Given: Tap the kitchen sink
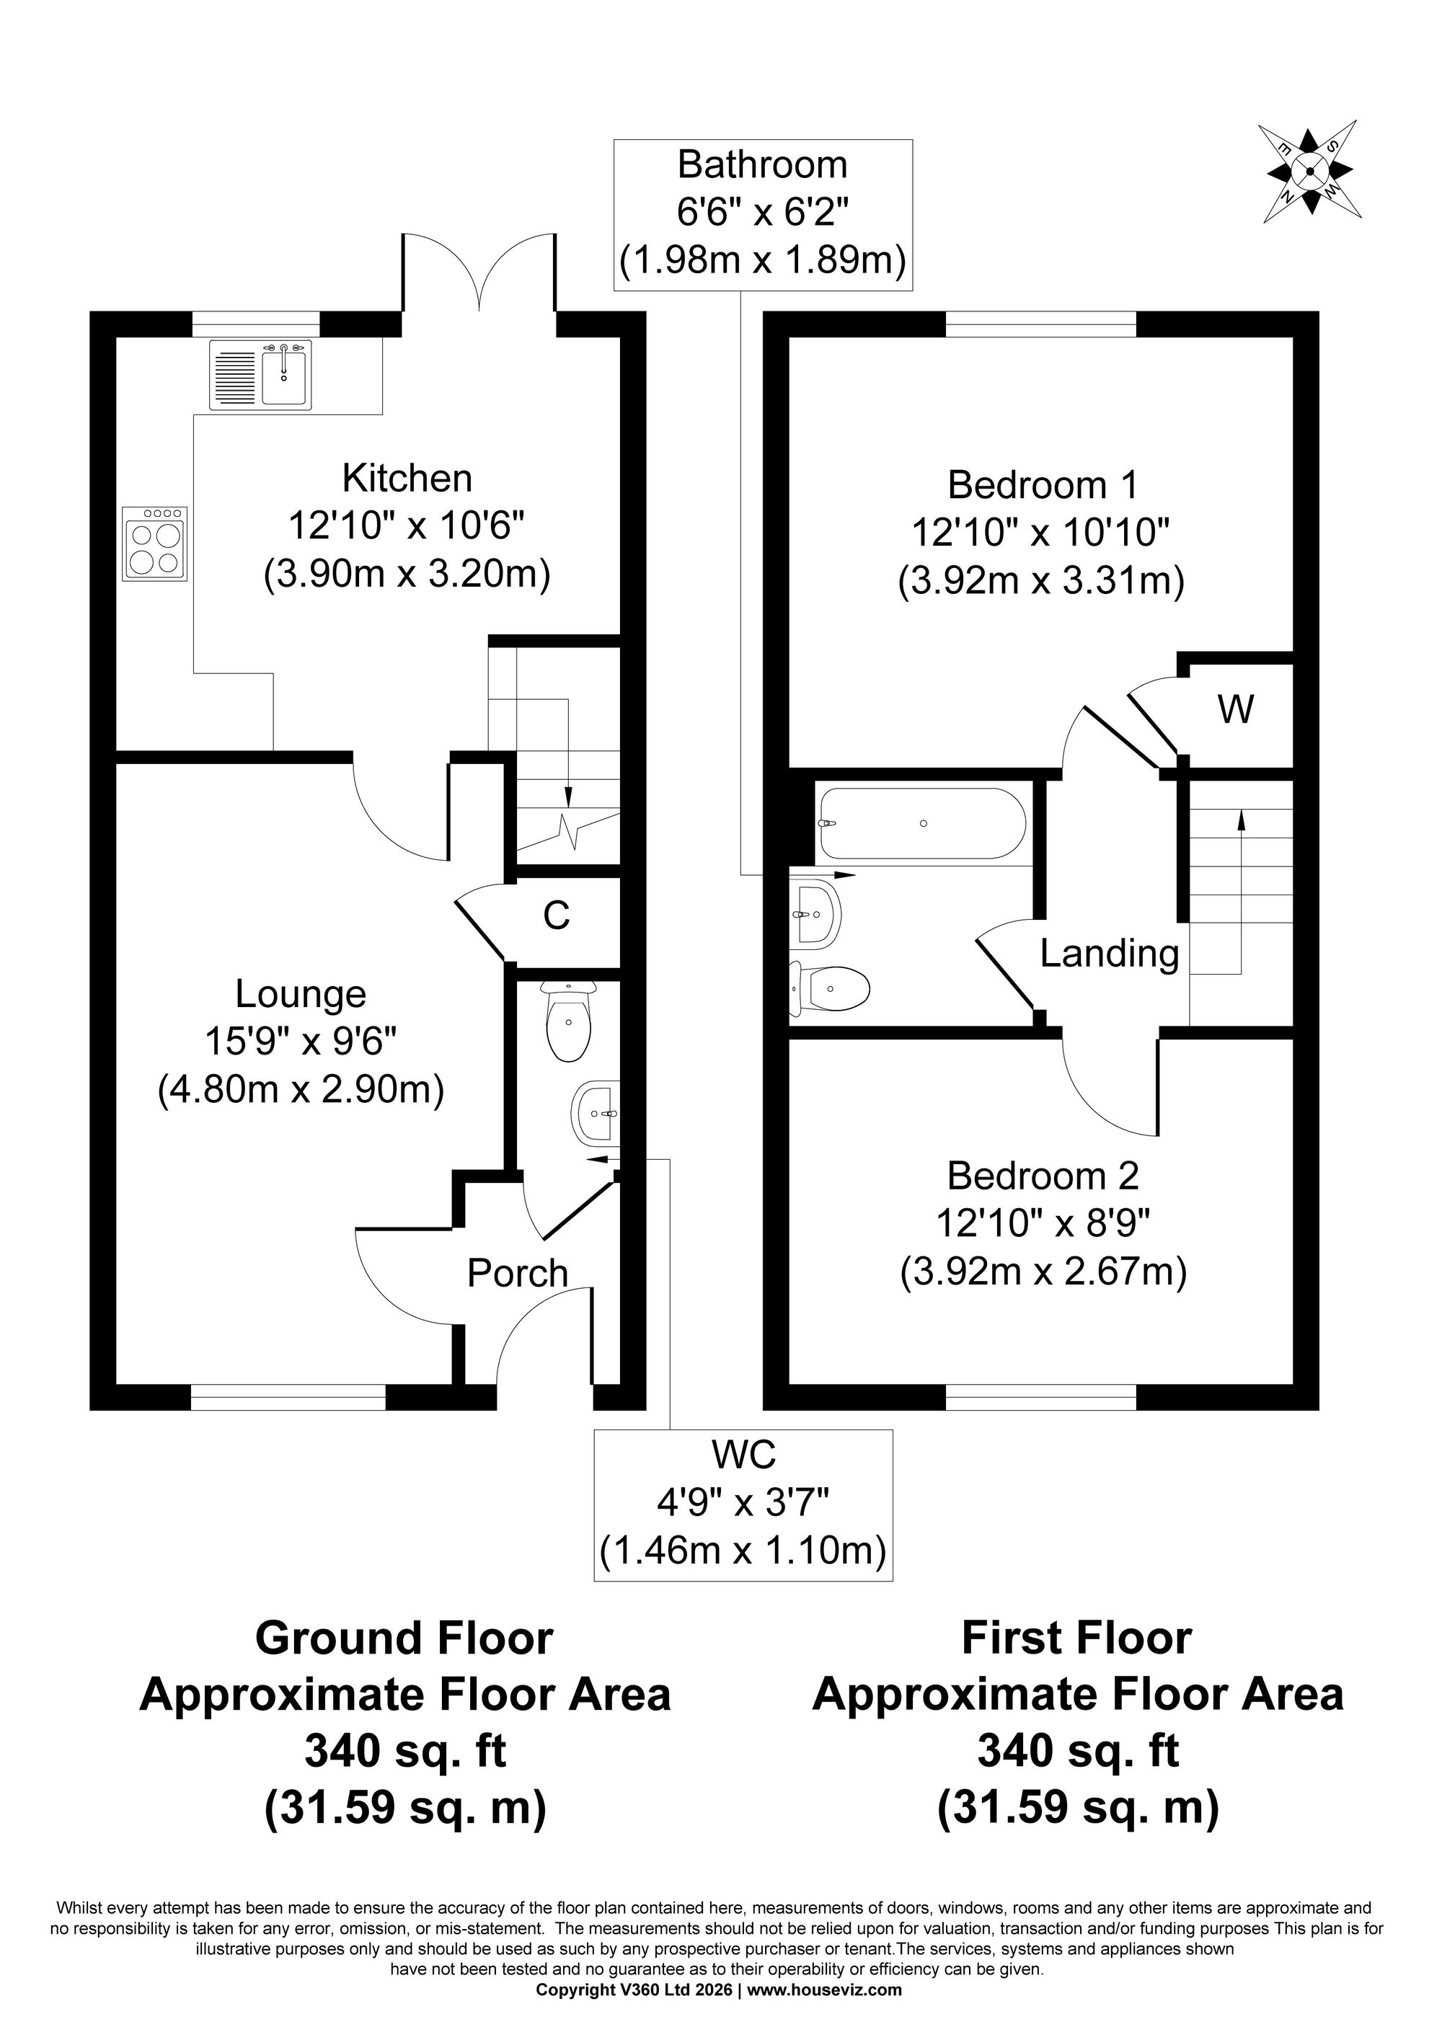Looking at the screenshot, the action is [261, 375].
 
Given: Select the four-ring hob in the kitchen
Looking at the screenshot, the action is [156, 543].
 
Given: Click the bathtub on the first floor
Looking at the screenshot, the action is [922, 824].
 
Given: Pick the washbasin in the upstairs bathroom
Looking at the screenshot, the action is [815, 913].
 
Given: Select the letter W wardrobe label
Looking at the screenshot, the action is [1236, 709].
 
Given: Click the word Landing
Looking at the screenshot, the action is [1109, 954].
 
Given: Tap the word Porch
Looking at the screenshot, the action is [517, 1273].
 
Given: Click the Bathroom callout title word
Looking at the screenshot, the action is [762, 164].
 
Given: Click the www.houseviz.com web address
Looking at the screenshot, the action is [825, 1990].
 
